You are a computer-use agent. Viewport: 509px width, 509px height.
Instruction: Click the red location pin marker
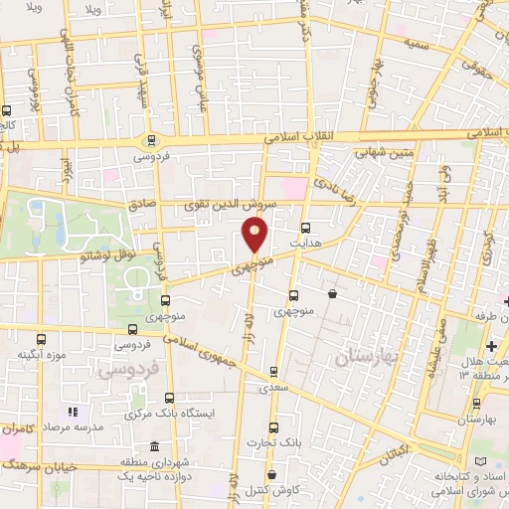pos(254,235)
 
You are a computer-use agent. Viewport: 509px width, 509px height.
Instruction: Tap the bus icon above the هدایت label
pos(304,226)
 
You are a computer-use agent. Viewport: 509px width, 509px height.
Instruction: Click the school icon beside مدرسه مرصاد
pos(72,412)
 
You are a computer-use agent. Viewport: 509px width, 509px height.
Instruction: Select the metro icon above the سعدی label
pos(273,373)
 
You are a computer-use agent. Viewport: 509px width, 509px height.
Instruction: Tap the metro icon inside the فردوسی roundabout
pos(151,140)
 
